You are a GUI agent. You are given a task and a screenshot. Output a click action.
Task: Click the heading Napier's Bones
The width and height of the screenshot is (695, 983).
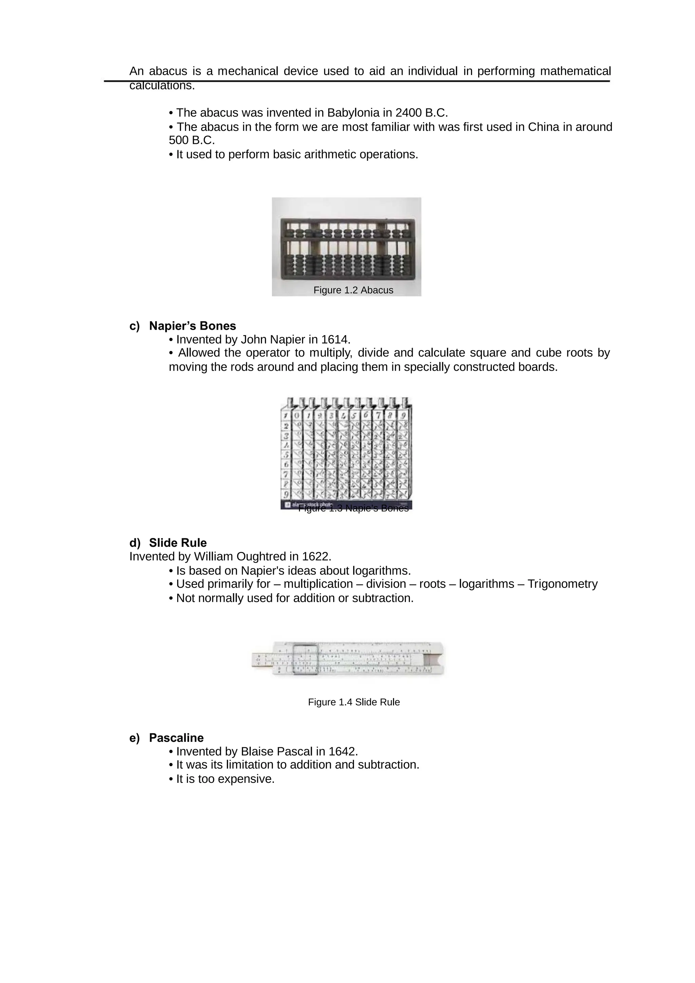coord(192,326)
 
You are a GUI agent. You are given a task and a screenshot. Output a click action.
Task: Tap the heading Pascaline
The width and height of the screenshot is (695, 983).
coord(176,738)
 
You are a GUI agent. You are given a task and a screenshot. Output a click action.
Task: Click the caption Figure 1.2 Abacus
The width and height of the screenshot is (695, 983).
coord(353,290)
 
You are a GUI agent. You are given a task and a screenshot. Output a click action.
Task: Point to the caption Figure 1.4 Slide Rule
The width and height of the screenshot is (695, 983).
coord(354,702)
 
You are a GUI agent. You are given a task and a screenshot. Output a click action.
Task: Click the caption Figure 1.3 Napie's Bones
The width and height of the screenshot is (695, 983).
coord(353,508)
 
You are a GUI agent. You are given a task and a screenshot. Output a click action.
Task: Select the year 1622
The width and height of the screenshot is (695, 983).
coord(316,557)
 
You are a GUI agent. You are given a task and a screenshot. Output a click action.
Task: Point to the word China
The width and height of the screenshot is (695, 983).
coord(543,127)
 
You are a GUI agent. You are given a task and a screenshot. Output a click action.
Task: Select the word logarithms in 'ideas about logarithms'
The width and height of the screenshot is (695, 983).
coord(381,571)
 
